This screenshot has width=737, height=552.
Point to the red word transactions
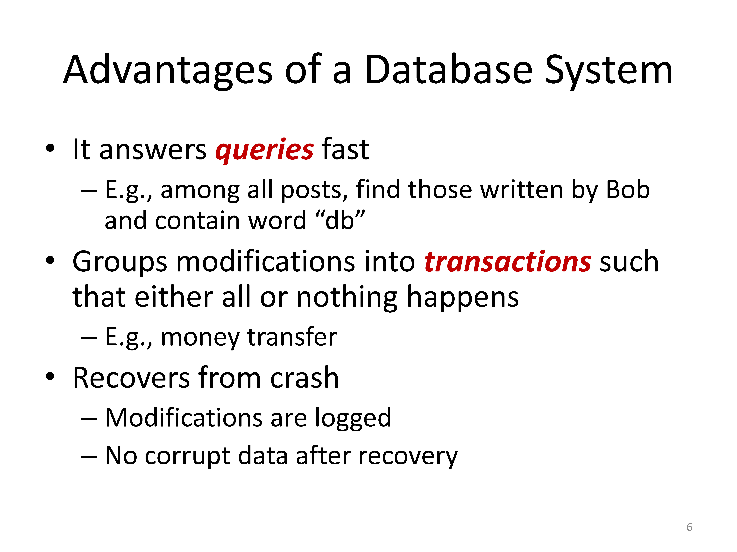point(508,262)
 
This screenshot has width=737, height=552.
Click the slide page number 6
point(690,527)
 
